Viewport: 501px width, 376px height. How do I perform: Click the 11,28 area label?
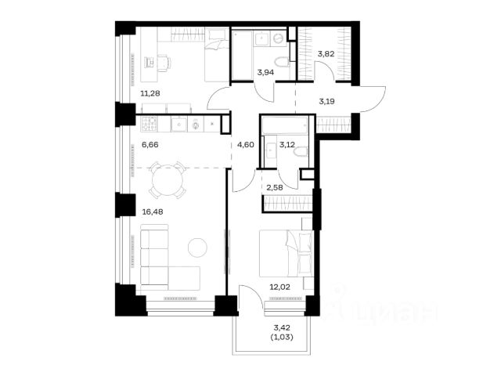150,93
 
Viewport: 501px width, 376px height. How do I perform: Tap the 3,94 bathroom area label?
265,73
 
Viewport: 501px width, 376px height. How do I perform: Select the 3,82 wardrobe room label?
326,54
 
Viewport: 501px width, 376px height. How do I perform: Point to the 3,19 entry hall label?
327,102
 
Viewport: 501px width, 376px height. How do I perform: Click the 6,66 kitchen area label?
150,145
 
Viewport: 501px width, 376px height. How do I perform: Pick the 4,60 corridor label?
246,144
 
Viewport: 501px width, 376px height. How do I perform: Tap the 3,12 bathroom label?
287,144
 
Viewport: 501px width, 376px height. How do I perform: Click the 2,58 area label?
275,187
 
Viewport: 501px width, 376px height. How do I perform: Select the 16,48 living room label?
153,211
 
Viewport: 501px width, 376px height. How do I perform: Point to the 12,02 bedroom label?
280,287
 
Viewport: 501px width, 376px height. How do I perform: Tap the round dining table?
168,180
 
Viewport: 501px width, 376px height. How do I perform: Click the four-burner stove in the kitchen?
150,124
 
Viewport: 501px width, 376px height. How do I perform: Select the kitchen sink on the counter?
179,124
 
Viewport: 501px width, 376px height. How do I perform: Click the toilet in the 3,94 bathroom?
282,62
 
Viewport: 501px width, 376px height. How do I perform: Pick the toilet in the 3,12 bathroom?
301,151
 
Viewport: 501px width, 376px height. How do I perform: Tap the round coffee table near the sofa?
197,248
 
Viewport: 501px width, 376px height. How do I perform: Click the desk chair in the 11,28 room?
164,62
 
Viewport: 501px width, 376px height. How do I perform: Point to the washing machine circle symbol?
279,38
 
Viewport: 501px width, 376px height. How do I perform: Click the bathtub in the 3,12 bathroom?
285,125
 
